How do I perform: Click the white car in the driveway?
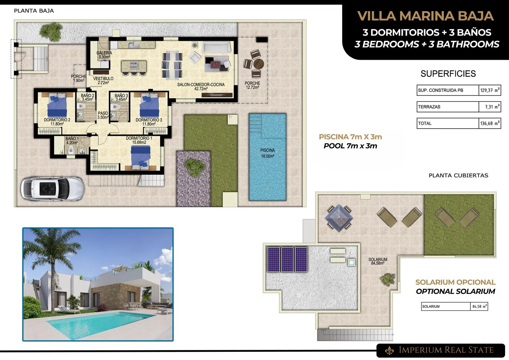coord(53,188)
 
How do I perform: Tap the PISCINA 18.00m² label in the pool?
coord(267,153)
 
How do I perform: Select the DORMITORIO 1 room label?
coord(139,140)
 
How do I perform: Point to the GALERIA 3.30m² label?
coord(104,55)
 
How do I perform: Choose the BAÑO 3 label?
coord(121,96)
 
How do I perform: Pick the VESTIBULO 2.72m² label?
coord(103,81)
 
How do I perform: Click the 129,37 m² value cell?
coord(490,90)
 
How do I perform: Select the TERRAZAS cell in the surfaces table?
coord(448,107)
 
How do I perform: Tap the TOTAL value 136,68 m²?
coord(490,124)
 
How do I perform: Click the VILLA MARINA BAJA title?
coord(426,16)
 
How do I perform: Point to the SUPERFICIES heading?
coord(448,74)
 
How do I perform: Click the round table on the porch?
coord(259,64)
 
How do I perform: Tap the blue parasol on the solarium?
coord(339,218)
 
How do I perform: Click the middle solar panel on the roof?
coord(287,259)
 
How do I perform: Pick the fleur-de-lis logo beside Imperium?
coord(390,350)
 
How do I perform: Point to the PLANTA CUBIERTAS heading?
coord(458,175)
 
